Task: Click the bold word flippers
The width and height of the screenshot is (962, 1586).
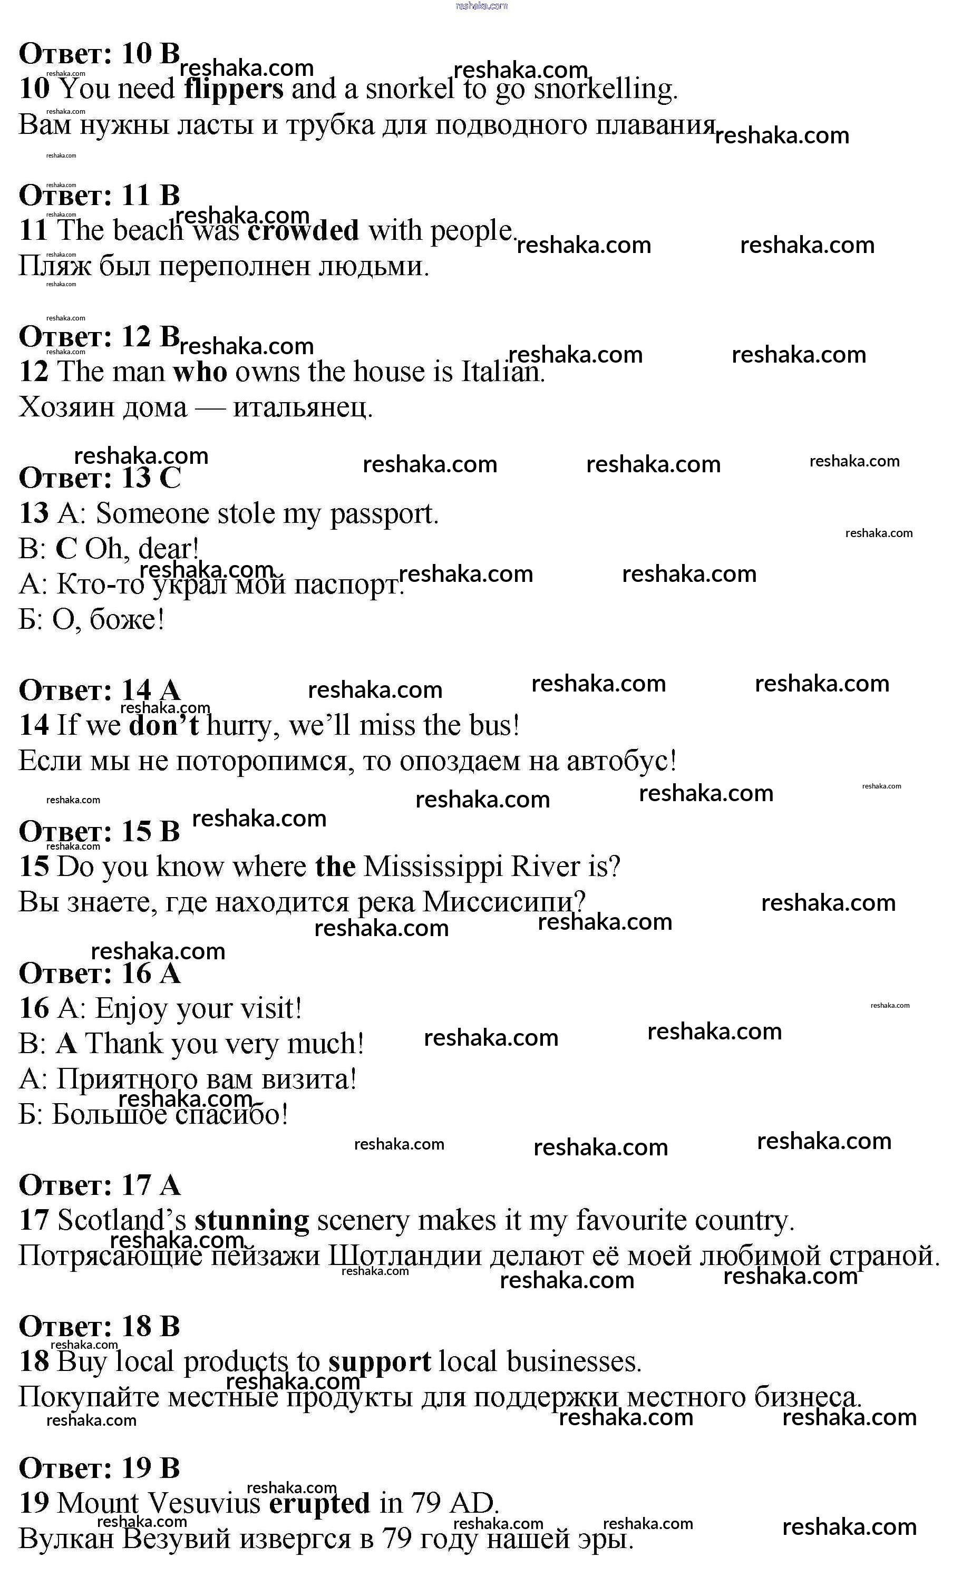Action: pos(233,90)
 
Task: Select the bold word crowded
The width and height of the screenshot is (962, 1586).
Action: pos(303,230)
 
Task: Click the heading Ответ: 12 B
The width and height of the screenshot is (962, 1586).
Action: pos(99,337)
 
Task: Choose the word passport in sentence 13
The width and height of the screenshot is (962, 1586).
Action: pos(384,514)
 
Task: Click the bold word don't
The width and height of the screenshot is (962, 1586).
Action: pos(163,725)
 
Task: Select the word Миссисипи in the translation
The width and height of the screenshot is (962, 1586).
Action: pos(502,902)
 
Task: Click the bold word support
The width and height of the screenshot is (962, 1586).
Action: pos(379,1362)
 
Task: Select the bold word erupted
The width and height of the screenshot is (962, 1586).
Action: pos(319,1504)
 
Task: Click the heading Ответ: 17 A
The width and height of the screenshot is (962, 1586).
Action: pos(99,1185)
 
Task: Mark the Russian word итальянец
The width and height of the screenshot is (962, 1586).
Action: pos(302,407)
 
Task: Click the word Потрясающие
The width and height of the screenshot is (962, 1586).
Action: pos(110,1256)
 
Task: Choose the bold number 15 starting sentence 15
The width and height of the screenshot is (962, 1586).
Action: pos(34,867)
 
